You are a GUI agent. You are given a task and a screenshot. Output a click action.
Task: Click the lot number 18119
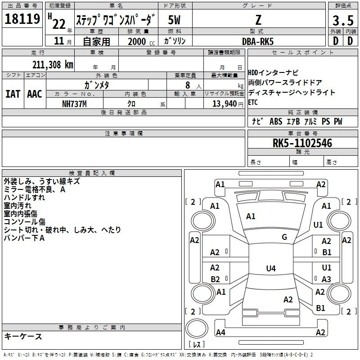click(x=22, y=19)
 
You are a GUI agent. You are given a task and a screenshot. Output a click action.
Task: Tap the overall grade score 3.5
click(x=343, y=20)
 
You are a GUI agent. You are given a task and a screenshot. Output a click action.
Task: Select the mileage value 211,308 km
click(x=53, y=65)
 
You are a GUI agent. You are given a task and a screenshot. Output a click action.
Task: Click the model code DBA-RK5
click(x=258, y=41)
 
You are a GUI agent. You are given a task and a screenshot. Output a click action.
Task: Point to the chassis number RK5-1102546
click(x=302, y=143)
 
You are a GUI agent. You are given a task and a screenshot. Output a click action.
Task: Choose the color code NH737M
click(x=74, y=104)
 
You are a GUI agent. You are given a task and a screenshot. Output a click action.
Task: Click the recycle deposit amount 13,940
click(x=225, y=104)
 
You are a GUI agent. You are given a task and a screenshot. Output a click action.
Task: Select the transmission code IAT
click(x=13, y=94)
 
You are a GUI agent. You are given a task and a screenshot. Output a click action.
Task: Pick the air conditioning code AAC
click(x=35, y=94)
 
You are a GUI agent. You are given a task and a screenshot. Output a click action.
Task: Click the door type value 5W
click(x=174, y=20)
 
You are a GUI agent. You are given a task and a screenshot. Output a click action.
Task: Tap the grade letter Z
click(x=258, y=20)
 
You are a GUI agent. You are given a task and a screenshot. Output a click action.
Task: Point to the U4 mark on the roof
click(x=271, y=268)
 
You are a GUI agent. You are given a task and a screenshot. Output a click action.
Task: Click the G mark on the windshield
click(x=284, y=237)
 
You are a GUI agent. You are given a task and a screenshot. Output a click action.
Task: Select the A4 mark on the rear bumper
click(x=220, y=332)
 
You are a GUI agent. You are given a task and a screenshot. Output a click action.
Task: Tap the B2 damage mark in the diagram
click(x=215, y=279)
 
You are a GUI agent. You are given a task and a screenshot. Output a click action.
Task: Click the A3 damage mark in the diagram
click(x=326, y=279)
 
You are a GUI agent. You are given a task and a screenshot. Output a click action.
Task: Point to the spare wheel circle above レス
click(x=197, y=328)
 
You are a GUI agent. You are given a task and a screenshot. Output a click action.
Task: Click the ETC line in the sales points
click(x=253, y=103)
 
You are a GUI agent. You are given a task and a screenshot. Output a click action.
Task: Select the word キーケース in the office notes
click(x=23, y=336)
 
